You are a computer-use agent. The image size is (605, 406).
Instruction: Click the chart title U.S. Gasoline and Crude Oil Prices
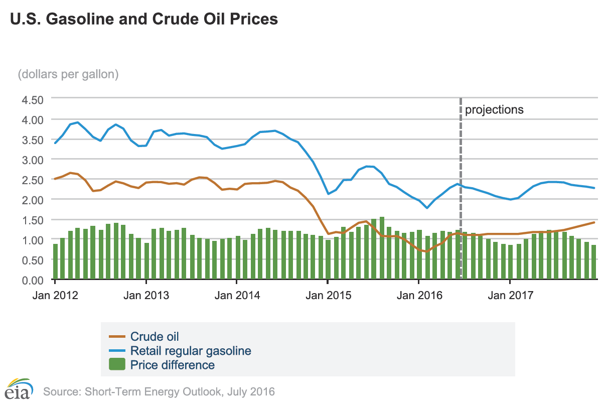(x=143, y=19)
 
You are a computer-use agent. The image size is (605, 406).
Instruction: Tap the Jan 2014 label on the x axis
(x=237, y=295)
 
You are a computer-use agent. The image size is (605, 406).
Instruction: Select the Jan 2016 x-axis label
(x=419, y=295)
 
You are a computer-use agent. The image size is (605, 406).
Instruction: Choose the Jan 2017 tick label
(x=510, y=295)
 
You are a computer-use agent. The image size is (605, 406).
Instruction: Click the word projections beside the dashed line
(x=494, y=109)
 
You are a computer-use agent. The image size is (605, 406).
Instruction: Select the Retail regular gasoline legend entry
(x=191, y=350)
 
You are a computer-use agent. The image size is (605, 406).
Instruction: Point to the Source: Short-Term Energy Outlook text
(x=160, y=391)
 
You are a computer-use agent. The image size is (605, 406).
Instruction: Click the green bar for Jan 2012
(x=55, y=261)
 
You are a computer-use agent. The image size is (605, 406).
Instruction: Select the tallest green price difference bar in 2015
(x=382, y=248)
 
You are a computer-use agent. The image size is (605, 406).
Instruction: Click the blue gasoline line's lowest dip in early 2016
(x=426, y=207)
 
